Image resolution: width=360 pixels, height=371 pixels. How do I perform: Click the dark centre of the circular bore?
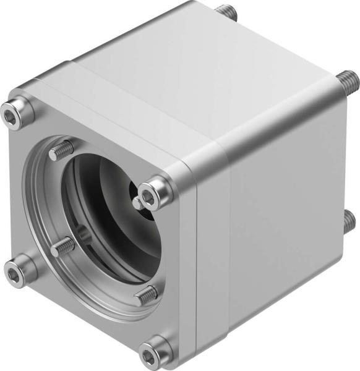111,216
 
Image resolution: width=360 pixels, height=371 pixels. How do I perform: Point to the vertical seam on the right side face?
229,260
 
